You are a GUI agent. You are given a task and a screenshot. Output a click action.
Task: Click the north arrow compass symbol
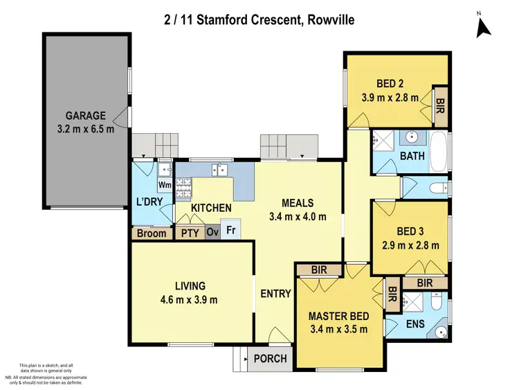click(x=484, y=26)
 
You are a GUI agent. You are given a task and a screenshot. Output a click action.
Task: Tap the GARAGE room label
click(x=86, y=116)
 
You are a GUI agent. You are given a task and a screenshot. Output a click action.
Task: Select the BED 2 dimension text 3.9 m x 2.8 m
click(x=390, y=98)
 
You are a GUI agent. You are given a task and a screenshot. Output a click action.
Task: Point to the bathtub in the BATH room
click(x=438, y=151)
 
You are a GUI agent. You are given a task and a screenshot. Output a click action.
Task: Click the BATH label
click(x=412, y=157)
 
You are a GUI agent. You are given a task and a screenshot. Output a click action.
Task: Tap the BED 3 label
click(x=411, y=231)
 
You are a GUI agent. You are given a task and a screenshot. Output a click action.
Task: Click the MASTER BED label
click(x=338, y=316)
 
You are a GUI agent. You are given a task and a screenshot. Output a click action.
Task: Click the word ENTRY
click(x=275, y=294)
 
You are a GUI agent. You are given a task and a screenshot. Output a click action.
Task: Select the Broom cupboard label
click(x=152, y=233)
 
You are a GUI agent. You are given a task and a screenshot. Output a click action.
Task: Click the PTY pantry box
click(x=190, y=233)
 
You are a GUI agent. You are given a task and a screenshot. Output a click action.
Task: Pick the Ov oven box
click(x=212, y=233)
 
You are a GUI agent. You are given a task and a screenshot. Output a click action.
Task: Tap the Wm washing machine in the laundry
click(x=165, y=185)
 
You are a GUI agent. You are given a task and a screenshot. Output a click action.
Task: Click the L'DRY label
click(x=149, y=203)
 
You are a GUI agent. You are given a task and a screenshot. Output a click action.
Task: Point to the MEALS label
click(x=298, y=203)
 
